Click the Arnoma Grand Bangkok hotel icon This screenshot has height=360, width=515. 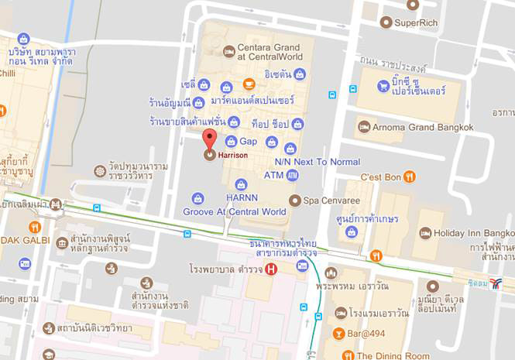click(364, 126)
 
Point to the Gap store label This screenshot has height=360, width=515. click(248, 142)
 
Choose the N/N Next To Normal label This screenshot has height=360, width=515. click(318, 162)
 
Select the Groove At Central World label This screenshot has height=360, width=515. click(235, 211)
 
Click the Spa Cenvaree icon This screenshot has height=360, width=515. click(294, 201)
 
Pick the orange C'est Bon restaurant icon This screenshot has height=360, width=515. click(410, 177)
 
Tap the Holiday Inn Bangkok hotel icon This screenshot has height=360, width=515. click(425, 232)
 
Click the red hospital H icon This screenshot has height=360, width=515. click(270, 269)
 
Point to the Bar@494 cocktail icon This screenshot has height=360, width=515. click(338, 334)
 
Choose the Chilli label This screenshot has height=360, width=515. click(8, 73)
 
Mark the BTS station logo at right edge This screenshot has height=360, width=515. click(496, 283)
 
